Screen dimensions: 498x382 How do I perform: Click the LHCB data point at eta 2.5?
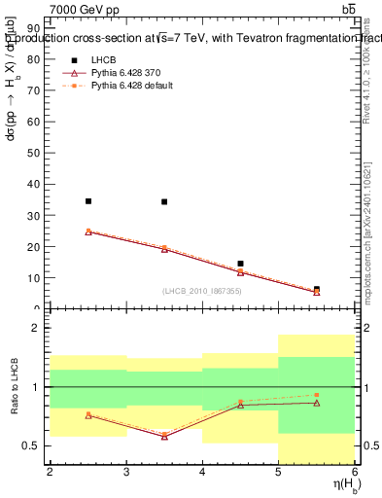pos(88,201)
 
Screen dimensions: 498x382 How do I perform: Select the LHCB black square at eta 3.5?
pos(164,202)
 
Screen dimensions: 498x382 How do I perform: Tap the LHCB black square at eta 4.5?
pos(240,264)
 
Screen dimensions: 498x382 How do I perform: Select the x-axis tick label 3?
pos(126,471)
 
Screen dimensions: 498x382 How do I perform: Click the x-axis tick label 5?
pos(279,471)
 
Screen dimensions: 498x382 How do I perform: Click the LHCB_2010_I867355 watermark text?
pos(202,292)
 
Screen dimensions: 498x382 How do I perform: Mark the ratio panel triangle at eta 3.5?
pos(164,437)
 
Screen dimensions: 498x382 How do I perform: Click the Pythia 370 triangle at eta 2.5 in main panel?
pos(88,231)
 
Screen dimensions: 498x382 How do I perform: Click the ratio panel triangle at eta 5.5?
pos(317,403)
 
